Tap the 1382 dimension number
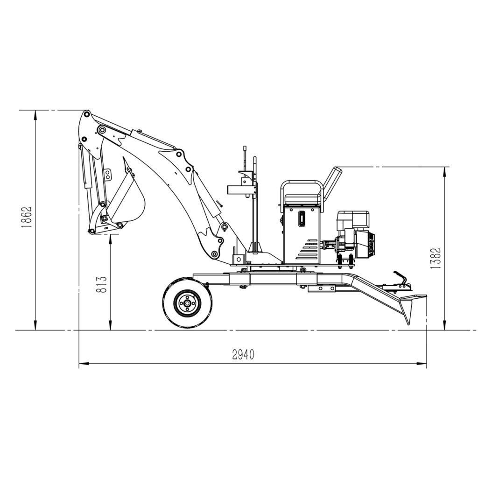pos(436,258)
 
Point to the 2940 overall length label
pos(243,355)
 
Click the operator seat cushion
pos(302,199)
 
